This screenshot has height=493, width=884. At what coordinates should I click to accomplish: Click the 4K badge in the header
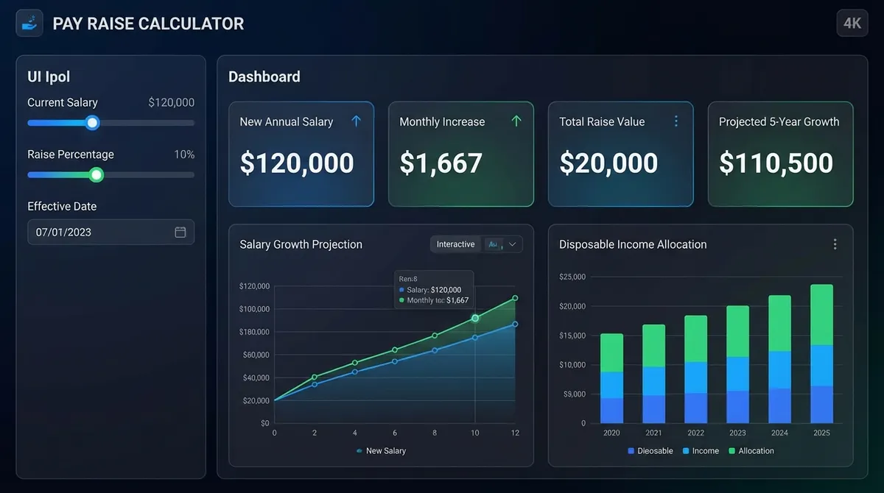(852, 23)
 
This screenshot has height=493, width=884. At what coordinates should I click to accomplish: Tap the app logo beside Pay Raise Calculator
(29, 23)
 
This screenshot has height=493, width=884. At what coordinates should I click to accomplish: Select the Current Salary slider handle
(92, 123)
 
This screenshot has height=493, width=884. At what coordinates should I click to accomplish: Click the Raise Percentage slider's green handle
(96, 174)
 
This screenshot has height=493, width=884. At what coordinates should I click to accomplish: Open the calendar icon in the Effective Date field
(180, 232)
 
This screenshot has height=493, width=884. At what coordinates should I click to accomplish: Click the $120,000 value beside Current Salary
(171, 103)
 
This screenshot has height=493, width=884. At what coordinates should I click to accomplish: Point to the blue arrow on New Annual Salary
(357, 121)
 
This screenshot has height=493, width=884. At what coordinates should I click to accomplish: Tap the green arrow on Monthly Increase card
(516, 121)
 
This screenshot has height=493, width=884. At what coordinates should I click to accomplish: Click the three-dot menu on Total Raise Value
(676, 121)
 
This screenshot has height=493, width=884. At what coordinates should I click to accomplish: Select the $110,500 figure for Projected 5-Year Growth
(776, 163)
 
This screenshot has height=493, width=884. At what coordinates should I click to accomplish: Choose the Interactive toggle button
(455, 244)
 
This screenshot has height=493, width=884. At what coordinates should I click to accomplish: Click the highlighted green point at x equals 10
(475, 318)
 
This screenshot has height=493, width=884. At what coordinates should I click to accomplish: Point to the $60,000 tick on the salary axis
(254, 355)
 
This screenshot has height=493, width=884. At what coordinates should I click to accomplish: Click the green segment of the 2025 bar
(821, 314)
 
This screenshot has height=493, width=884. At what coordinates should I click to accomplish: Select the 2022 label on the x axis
(695, 433)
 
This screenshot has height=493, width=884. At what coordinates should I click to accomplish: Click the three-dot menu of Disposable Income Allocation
(835, 244)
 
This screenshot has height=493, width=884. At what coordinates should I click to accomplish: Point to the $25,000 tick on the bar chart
(572, 277)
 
